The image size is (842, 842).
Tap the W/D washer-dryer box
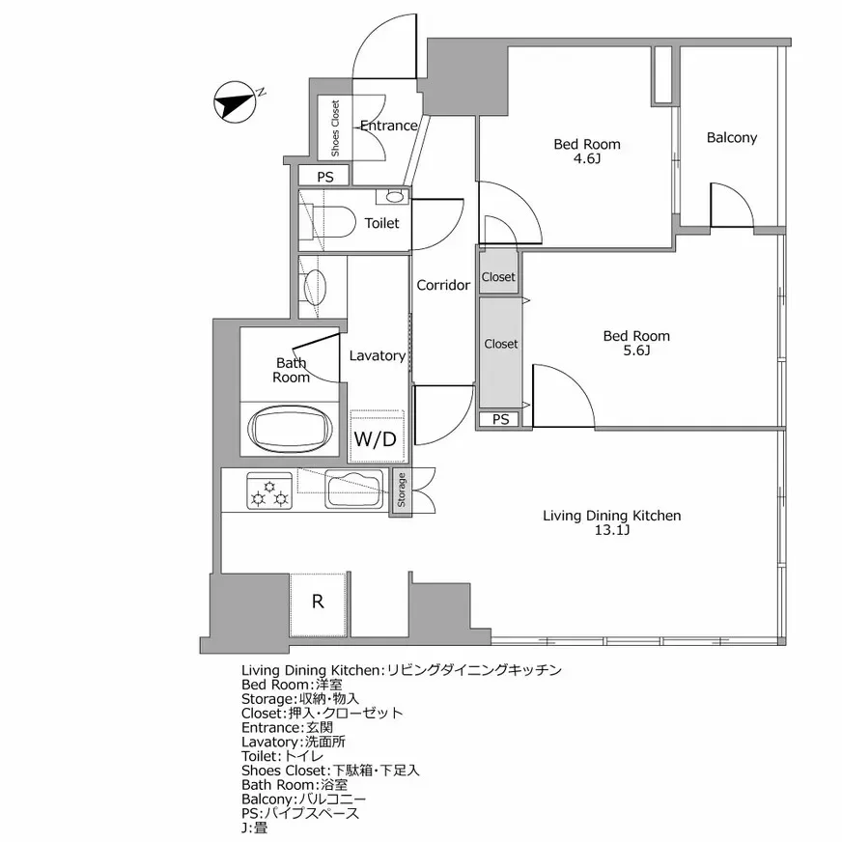(x=375, y=439)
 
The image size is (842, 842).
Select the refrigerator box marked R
(x=318, y=602)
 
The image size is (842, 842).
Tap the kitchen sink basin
(x=353, y=489)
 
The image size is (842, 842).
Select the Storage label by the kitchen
(x=401, y=491)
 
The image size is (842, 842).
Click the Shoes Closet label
(x=335, y=128)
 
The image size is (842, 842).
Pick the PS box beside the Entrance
(x=325, y=177)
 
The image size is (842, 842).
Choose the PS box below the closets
(x=500, y=419)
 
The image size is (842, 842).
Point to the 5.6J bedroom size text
(x=635, y=351)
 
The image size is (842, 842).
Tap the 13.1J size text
(x=612, y=531)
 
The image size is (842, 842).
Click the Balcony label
(x=731, y=137)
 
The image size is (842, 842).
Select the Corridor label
(x=443, y=285)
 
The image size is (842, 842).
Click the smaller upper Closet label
(x=499, y=277)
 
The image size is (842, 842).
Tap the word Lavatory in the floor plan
(x=377, y=355)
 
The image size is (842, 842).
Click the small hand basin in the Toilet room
(x=394, y=197)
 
